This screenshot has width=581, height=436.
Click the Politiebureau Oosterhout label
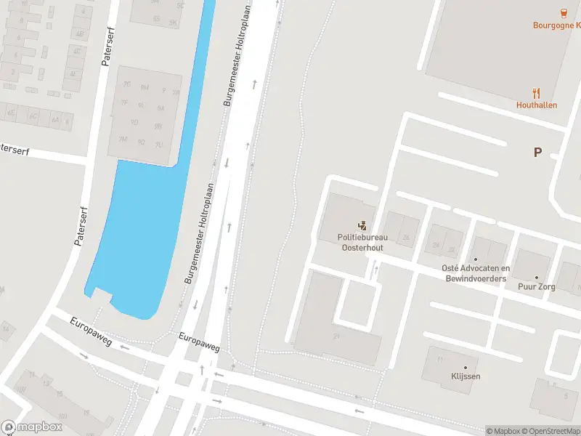click(x=362, y=242)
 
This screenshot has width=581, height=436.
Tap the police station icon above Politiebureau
click(x=362, y=227)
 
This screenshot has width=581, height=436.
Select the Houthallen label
click(x=537, y=105)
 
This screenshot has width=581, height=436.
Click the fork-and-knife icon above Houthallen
click(x=537, y=93)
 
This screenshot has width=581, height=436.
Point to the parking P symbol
click(x=537, y=152)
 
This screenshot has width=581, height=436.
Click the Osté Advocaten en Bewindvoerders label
click(x=476, y=273)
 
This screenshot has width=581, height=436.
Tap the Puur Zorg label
click(x=537, y=287)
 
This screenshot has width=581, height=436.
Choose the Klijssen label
click(x=465, y=376)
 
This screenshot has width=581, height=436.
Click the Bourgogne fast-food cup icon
click(x=563, y=12)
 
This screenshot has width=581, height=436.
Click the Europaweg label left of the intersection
click(x=91, y=331)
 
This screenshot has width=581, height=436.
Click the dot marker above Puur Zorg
click(x=537, y=277)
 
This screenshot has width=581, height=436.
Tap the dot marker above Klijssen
click(x=465, y=366)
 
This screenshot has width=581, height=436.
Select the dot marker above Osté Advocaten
click(x=476, y=259)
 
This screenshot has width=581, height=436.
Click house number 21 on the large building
click(x=336, y=336)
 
